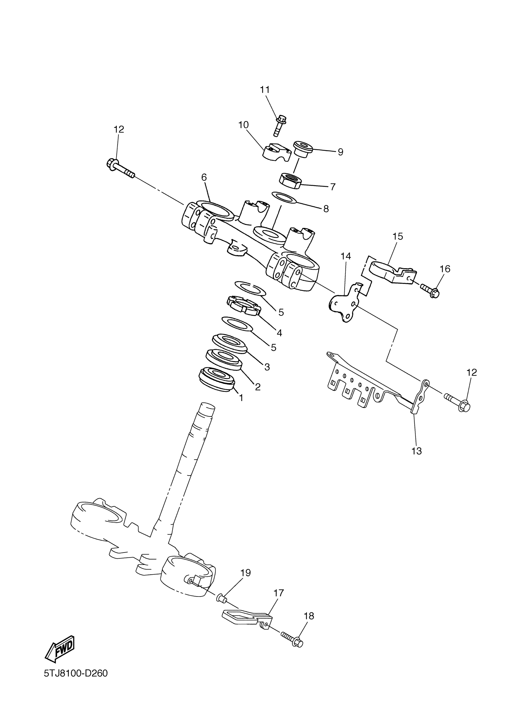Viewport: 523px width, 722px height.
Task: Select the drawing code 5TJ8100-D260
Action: [76, 683]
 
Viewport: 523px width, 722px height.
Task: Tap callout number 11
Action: [265, 90]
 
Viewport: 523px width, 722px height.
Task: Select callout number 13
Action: [416, 451]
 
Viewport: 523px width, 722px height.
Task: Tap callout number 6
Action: [204, 177]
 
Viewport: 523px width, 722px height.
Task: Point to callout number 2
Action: [258, 387]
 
